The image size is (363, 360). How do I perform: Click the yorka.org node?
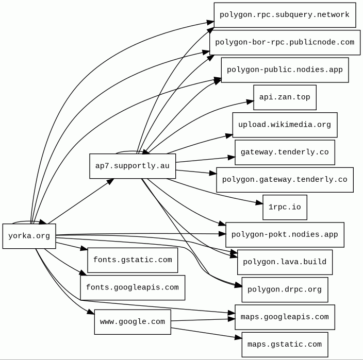[x=29, y=236]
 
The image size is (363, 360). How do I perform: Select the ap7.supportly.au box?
[x=133, y=166]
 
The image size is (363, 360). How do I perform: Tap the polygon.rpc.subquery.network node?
[x=285, y=15]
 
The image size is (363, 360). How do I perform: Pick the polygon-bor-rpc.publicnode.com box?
[x=285, y=42]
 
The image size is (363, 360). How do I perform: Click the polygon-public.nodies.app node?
[x=285, y=70]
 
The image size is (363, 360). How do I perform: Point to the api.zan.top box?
[x=285, y=97]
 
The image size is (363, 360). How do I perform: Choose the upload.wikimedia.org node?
[x=285, y=125]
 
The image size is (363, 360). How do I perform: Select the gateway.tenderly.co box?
[x=285, y=152]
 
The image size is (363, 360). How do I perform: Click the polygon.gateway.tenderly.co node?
[x=285, y=180]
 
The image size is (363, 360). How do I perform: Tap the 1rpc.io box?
[x=285, y=208]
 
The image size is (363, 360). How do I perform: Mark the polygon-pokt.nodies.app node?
[x=285, y=235]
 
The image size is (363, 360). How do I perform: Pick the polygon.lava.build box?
[x=285, y=262]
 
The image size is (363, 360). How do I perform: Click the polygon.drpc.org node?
[x=285, y=289]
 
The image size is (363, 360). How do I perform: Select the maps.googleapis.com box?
[x=285, y=317]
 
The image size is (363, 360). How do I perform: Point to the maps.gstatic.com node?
[x=285, y=345]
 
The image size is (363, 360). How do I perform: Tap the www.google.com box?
[x=133, y=322]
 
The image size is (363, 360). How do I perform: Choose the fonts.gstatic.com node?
[x=133, y=260]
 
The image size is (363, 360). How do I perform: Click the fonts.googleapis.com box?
[x=133, y=288]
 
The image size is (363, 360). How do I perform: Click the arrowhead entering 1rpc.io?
[x=259, y=203]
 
